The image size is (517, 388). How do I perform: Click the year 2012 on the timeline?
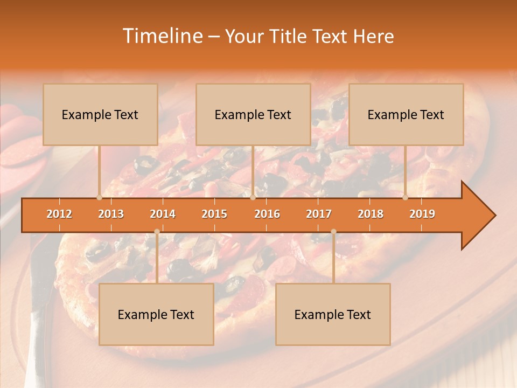59,214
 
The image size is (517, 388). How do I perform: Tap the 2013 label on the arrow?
111,214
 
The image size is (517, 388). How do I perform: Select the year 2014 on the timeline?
163,214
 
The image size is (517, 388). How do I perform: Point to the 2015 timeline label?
214,214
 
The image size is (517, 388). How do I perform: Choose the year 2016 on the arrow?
267,214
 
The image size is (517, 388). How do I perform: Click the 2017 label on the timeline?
319,214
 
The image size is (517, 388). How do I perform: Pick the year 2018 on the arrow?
371,214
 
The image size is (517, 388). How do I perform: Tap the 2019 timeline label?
422,214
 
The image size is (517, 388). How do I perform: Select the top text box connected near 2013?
100,114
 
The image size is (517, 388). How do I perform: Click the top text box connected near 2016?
253,114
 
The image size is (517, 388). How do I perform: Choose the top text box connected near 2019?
406,114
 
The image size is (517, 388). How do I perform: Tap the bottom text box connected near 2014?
156,314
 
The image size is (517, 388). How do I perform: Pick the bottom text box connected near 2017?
333,314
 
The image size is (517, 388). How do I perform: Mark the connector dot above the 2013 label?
99,197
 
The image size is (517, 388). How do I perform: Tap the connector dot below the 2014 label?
157,232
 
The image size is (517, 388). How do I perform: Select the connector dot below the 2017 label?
333,232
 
